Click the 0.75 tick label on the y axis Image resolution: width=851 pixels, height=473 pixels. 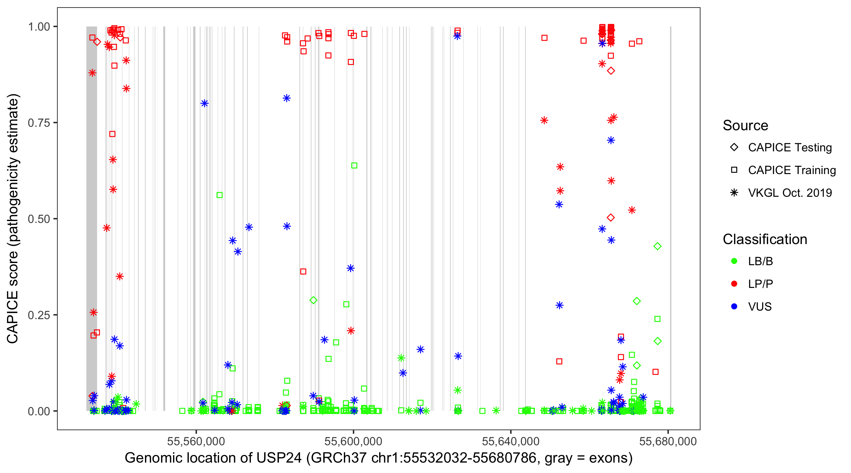(x=38, y=123)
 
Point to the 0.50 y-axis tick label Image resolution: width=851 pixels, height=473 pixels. (x=38, y=219)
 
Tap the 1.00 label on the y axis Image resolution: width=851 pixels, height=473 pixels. (x=38, y=26)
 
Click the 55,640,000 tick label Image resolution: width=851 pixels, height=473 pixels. (x=511, y=441)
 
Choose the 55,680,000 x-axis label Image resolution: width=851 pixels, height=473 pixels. (x=668, y=441)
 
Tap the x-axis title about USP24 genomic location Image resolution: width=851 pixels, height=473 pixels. (x=379, y=458)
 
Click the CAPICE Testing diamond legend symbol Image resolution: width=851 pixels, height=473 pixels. (x=734, y=147)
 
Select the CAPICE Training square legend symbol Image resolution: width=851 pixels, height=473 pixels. (x=734, y=170)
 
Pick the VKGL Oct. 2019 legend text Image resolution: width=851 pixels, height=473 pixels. (x=790, y=193)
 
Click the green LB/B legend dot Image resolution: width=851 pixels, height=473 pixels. (x=734, y=261)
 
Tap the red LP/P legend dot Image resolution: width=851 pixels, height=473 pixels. (x=734, y=284)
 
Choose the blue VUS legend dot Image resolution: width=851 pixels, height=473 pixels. (x=734, y=307)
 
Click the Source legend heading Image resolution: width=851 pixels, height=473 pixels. (x=745, y=126)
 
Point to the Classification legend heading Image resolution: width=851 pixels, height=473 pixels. (x=765, y=239)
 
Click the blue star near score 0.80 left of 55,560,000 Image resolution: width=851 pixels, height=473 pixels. (x=205, y=103)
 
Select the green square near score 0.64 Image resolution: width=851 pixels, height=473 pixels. (x=354, y=165)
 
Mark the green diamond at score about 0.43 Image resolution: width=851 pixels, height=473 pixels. (x=657, y=246)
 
